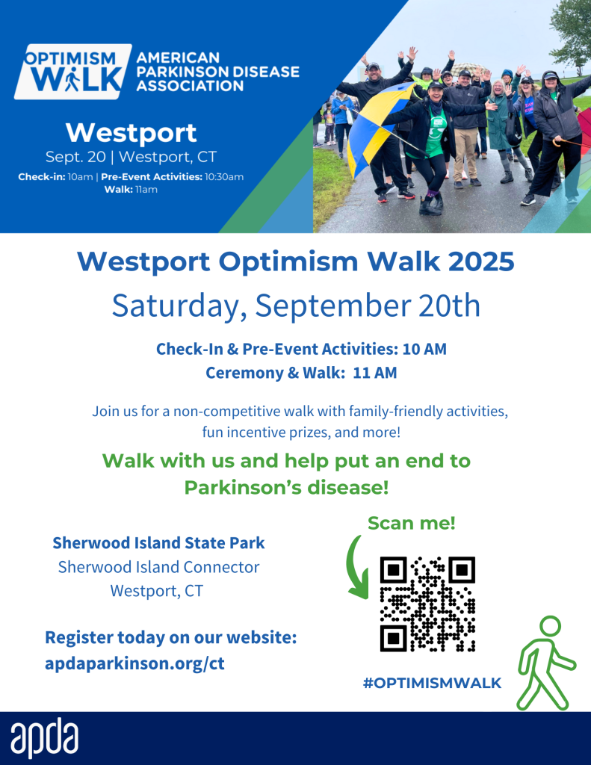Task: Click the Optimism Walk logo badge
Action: [x=73, y=72]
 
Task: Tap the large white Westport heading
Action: [x=131, y=133]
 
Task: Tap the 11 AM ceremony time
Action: [x=375, y=373]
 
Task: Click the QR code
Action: [x=427, y=604]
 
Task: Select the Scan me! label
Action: [x=412, y=523]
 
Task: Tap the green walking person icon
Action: [x=545, y=663]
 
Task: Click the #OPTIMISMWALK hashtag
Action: [x=432, y=683]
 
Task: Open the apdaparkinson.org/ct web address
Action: [x=134, y=663]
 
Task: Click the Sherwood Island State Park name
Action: [x=158, y=542]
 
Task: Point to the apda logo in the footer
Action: [x=44, y=737]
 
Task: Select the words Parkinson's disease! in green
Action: [x=286, y=487]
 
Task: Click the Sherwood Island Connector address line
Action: [x=158, y=567]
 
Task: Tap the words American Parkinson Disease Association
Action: [x=217, y=72]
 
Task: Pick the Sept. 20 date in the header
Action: [x=75, y=157]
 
